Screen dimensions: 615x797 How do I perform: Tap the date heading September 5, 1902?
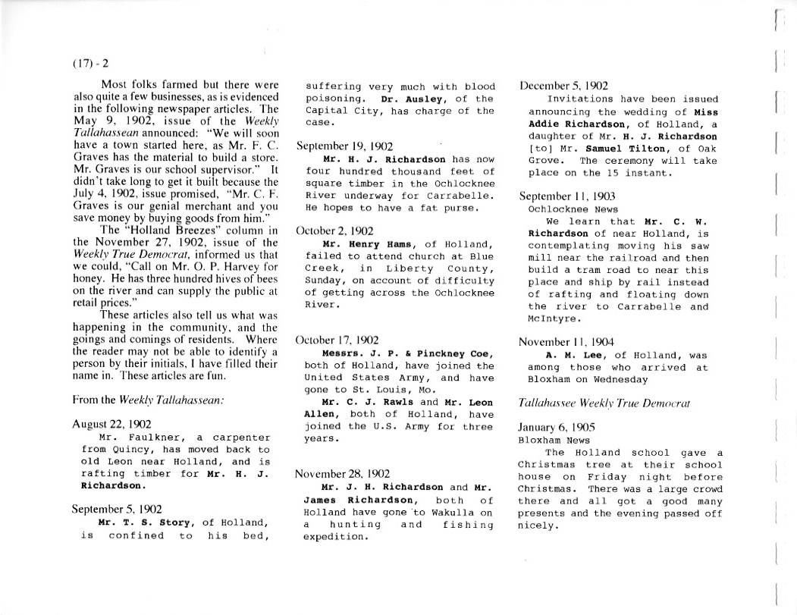click(116, 510)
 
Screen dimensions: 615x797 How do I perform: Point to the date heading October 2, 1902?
click(334, 231)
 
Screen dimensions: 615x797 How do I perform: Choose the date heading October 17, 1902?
click(337, 341)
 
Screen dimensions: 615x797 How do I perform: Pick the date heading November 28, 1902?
click(342, 474)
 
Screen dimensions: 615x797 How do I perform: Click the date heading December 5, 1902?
click(563, 86)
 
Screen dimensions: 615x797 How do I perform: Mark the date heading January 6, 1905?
click(557, 427)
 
